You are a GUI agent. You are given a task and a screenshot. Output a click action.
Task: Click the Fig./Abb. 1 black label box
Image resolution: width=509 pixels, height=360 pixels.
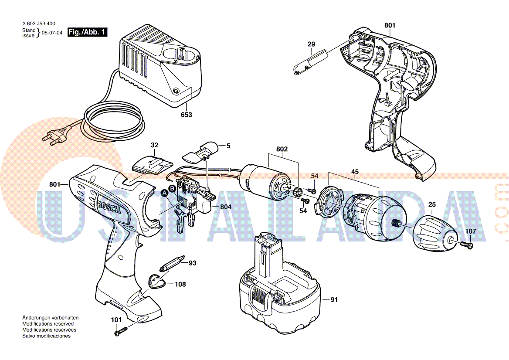click(88, 32)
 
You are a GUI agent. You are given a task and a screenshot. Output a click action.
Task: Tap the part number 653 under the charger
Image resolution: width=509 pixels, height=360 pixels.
click(187, 115)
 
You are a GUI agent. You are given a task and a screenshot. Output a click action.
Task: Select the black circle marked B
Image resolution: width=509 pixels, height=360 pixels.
click(172, 188)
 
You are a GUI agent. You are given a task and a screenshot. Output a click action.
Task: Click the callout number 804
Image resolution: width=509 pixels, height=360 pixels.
click(226, 207)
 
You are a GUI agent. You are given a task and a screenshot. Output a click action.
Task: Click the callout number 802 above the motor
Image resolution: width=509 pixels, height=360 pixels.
click(282, 149)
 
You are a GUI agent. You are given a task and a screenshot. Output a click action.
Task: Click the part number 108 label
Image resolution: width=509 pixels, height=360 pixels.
click(180, 284)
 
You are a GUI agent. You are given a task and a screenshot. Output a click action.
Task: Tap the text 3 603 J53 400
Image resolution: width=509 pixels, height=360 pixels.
click(39, 24)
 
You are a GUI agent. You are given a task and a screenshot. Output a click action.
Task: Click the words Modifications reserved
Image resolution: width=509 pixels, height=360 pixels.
click(48, 324)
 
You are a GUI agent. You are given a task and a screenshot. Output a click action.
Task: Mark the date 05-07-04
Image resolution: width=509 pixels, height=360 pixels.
click(52, 33)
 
